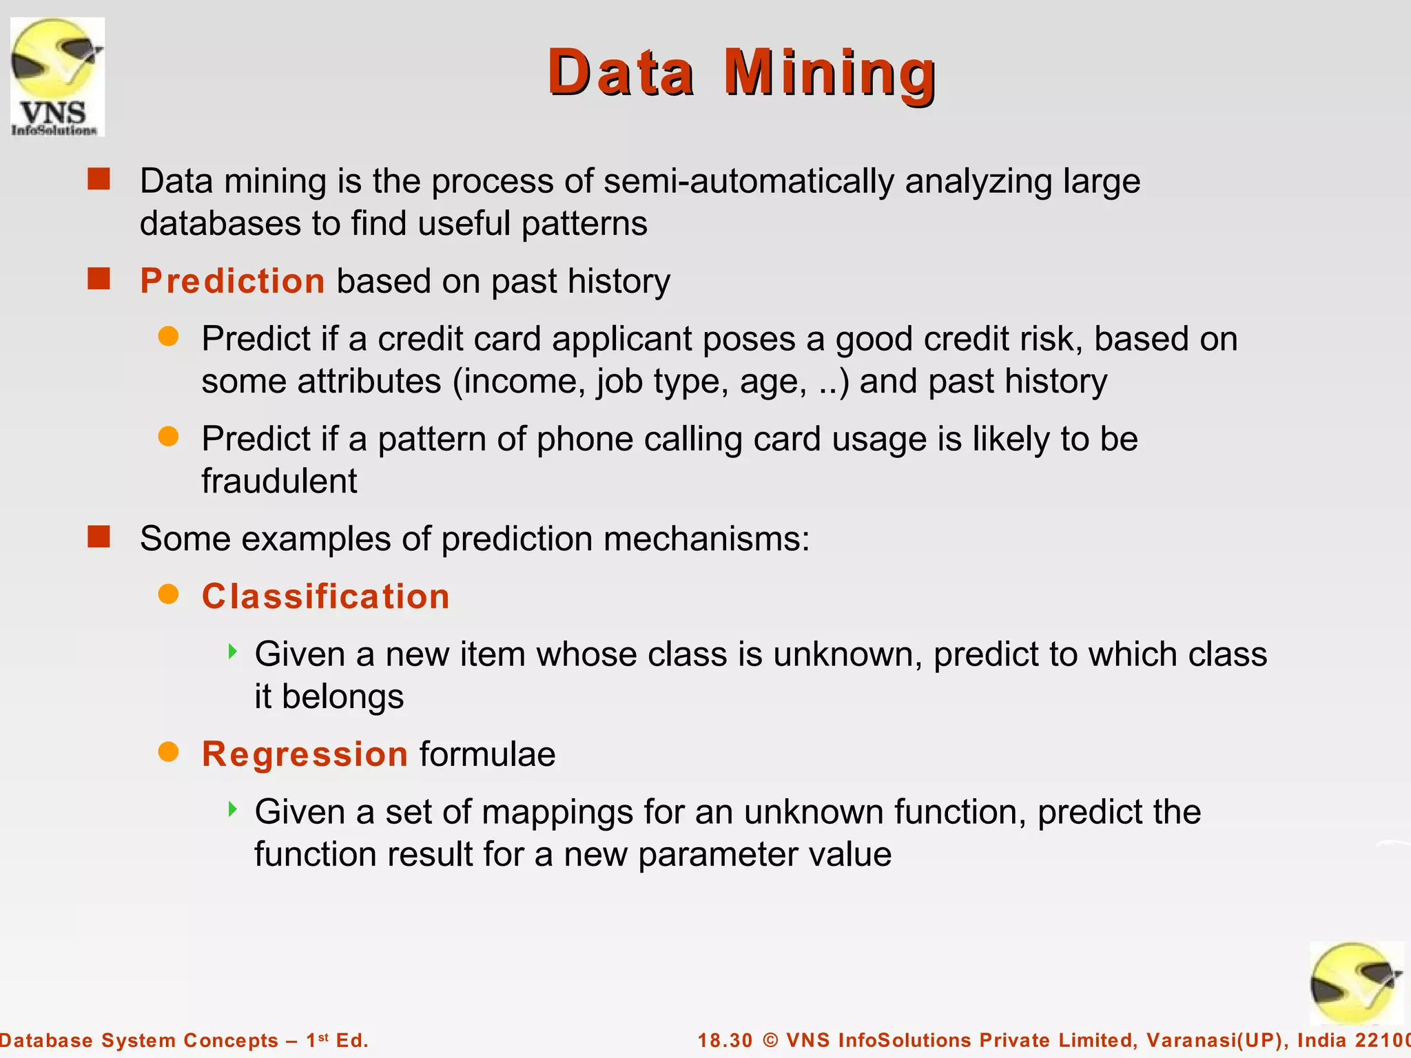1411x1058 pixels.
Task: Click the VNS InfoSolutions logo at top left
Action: coord(57,76)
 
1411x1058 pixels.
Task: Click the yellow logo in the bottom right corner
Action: coord(1356,983)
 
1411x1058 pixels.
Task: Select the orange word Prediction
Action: coord(232,281)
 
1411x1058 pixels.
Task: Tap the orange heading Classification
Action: coord(325,597)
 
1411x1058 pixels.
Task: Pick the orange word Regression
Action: coord(305,754)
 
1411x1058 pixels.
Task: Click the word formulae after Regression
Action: coord(487,754)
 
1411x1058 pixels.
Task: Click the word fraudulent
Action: coord(279,481)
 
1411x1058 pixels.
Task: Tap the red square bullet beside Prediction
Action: coord(99,279)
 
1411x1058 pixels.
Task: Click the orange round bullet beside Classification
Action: coord(168,594)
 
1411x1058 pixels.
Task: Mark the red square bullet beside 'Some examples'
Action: coord(99,537)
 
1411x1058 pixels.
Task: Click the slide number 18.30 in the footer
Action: coord(725,1040)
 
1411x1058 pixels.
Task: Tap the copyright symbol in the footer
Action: coord(770,1040)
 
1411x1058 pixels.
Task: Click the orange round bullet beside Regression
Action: coord(168,752)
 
